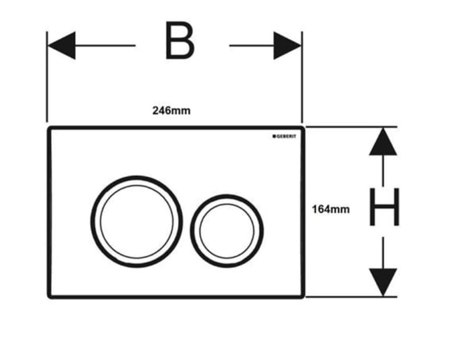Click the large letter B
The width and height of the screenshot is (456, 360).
click(x=180, y=41)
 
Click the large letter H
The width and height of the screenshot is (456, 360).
click(x=384, y=207)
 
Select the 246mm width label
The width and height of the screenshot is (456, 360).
click(x=172, y=111)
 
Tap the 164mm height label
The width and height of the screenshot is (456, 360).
click(x=331, y=209)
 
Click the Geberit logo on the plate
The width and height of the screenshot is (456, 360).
click(x=284, y=136)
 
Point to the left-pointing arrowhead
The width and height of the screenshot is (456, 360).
click(x=62, y=46)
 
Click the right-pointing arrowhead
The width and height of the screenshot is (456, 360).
click(x=287, y=46)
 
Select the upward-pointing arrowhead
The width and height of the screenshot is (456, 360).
click(x=383, y=141)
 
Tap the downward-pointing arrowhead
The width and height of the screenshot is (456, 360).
click(x=383, y=282)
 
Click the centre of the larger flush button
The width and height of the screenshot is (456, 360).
click(x=137, y=221)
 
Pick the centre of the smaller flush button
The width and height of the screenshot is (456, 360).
click(x=227, y=231)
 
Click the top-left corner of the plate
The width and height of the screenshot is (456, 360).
click(x=48, y=127)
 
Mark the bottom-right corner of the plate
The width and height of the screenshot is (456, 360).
click(x=303, y=297)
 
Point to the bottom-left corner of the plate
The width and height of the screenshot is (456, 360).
click(x=49, y=297)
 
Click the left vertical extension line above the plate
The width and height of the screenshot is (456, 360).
click(x=47, y=77)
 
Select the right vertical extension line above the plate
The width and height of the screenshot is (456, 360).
click(x=302, y=77)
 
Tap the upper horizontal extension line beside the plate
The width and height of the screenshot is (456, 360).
click(x=351, y=127)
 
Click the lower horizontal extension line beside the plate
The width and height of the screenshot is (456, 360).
click(x=351, y=297)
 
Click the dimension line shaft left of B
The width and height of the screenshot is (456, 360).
click(x=105, y=46)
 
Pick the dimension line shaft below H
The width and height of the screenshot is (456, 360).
click(x=383, y=253)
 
